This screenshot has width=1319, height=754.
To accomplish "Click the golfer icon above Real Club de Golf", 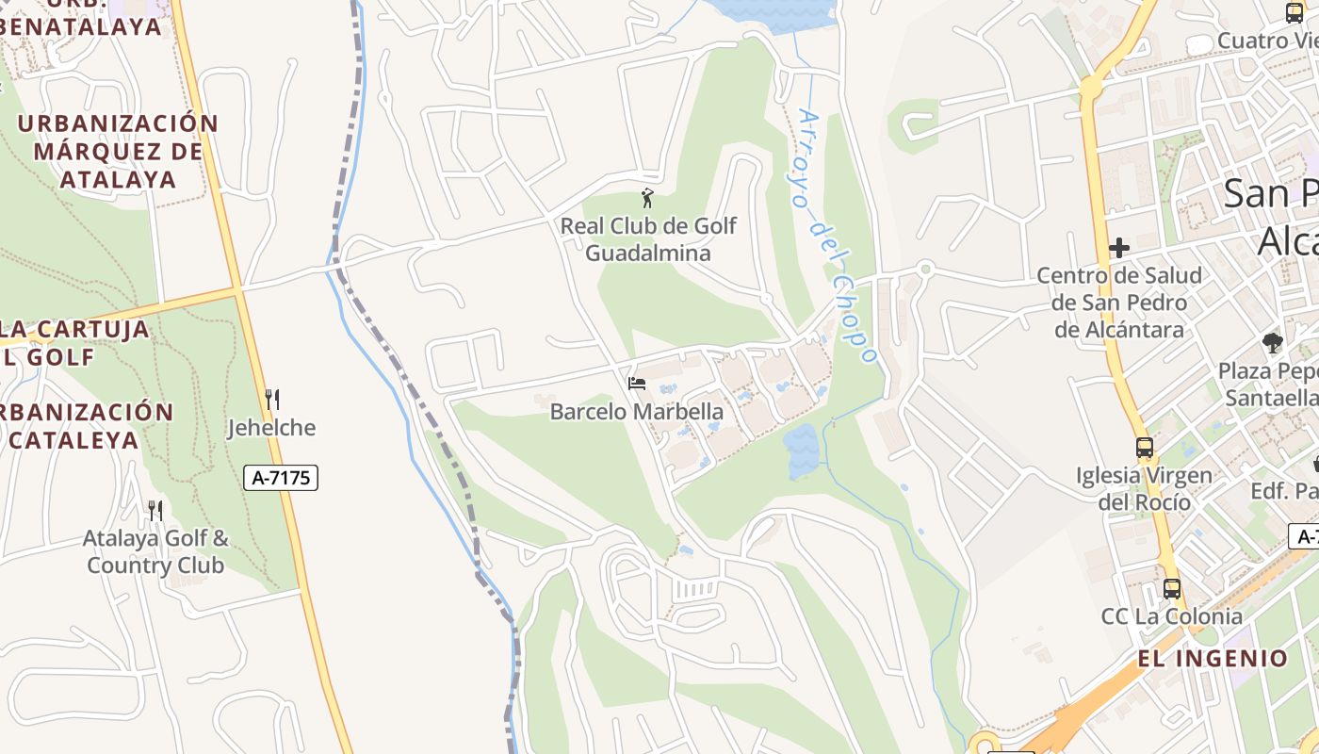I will click(646, 198).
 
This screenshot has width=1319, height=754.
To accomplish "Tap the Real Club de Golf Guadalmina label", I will click(648, 239).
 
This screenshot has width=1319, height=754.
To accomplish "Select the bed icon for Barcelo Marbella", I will click(637, 384).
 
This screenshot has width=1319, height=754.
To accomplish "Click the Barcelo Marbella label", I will click(637, 412).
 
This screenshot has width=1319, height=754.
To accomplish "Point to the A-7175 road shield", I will click(281, 478).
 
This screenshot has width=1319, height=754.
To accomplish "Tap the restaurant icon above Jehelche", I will click(272, 400).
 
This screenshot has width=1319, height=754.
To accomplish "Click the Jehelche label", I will click(272, 428).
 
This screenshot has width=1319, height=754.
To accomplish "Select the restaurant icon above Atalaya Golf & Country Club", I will click(155, 511).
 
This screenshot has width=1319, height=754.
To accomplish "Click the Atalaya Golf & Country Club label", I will click(155, 552).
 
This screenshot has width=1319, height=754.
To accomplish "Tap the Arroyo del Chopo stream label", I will click(837, 236).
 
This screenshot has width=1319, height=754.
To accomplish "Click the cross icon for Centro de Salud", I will click(1119, 248).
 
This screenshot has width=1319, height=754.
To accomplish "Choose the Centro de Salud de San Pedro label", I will click(1119, 303).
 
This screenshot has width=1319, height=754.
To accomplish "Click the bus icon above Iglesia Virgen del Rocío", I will click(1145, 448).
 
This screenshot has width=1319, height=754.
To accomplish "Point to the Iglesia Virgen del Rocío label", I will click(1145, 488).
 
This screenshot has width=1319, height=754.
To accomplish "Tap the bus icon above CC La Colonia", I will click(1172, 589).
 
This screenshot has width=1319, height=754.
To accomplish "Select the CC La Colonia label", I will click(1172, 616).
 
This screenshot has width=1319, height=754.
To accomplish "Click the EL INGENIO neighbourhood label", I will click(1213, 658).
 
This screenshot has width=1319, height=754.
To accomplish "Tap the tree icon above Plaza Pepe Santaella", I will click(1273, 343).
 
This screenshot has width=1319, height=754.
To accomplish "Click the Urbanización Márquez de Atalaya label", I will click(118, 151).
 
